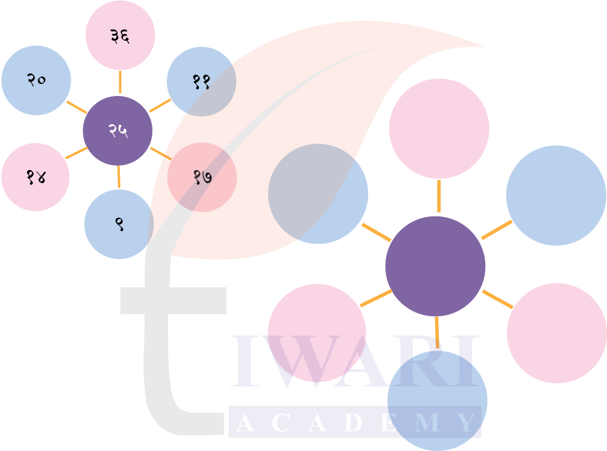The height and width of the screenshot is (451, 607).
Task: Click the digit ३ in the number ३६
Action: pos(115,36)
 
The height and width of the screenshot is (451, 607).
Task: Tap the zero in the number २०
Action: pos(41,80)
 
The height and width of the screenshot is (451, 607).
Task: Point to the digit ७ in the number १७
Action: pos(208,178)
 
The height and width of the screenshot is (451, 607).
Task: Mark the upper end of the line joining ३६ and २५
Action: pos(120,71)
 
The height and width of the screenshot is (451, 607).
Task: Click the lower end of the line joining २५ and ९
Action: pos(119,188)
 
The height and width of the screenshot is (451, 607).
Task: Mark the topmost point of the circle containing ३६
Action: pos(120,1)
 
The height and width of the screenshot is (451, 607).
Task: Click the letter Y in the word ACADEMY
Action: pos(466,422)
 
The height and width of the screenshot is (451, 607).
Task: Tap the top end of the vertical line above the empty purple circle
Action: pos(438,180)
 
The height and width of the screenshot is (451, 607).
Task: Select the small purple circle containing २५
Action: pos(118,131)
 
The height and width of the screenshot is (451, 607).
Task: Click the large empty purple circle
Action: pos(435,267)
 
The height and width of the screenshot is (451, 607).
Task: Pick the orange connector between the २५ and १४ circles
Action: pos(77,153)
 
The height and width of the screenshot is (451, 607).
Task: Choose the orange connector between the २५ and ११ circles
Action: pos(161,105)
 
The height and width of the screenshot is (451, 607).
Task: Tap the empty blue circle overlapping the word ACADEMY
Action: pos(438,401)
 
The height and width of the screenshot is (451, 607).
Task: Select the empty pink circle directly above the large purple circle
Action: pos(439,129)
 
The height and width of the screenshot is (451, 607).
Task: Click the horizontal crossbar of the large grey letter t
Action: pos(174,300)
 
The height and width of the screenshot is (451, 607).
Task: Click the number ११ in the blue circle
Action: pos(201,82)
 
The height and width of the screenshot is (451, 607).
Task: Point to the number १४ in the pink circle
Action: pos(36,178)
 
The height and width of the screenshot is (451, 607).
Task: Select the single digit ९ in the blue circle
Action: pos(120,224)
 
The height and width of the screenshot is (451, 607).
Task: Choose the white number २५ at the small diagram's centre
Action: pos(118,130)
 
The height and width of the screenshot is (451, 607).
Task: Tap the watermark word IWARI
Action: pos(355,361)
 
